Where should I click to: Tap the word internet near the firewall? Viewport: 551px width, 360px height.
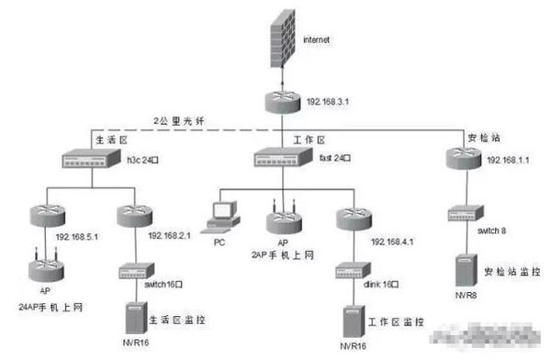[317, 39]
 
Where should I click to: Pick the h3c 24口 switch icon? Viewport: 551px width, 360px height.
[86, 158]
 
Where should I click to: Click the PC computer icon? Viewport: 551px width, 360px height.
[221, 211]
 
